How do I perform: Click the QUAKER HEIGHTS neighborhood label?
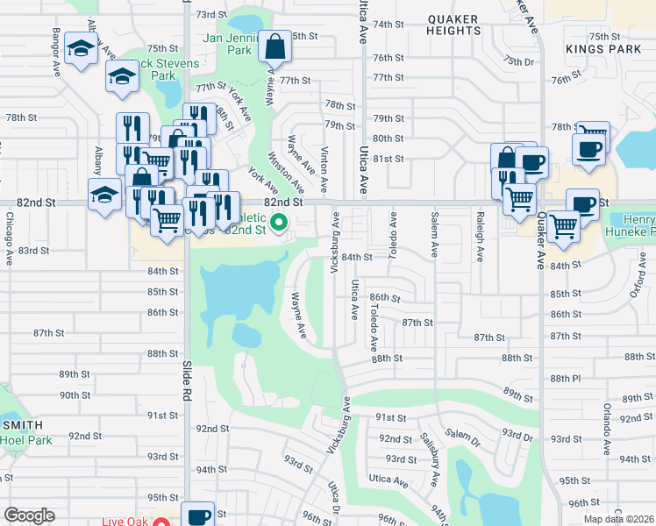(453, 25)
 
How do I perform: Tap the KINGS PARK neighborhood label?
(592, 49)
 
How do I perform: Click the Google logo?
(30, 515)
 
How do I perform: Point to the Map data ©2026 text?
(617, 519)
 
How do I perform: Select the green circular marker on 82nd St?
(280, 223)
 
